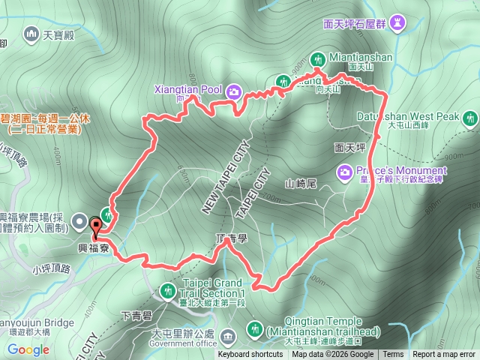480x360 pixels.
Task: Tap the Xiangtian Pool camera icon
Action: coord(233,91)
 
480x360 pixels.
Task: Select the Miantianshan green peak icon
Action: coord(318,59)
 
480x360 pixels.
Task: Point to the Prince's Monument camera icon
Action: coord(345,171)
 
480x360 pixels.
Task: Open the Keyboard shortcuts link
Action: coord(250,355)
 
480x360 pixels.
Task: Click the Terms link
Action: coord(393,355)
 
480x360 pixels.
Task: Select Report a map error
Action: coord(444,355)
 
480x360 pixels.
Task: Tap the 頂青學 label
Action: coord(230,238)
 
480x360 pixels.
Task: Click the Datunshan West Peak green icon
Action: coord(470,118)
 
